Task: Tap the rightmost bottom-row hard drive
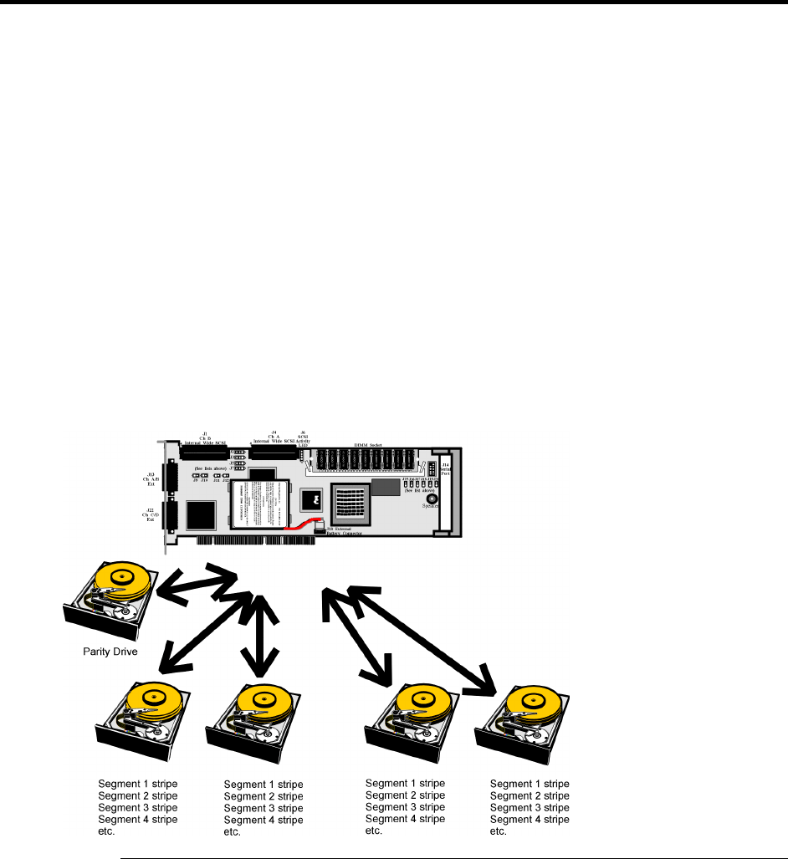tap(524, 718)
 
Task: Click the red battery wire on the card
tap(302, 525)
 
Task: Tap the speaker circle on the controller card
tap(432, 497)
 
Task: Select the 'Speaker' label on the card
tap(432, 506)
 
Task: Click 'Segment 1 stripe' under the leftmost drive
tap(138, 782)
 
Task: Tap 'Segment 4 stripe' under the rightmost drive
tap(530, 821)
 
